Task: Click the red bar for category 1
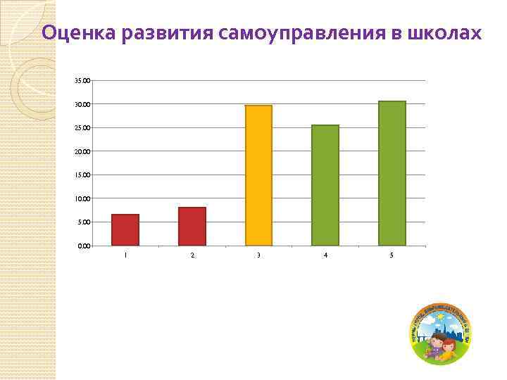125,230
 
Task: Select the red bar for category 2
192,227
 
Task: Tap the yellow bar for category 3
258,175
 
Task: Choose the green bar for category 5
392,173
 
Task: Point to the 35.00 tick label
82,81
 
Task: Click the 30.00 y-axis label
82,105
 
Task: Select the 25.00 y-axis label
82,128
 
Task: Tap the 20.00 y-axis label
82,152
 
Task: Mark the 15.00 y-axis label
82,175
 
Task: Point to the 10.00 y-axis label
82,199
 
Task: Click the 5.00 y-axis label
84,222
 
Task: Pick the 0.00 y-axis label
84,246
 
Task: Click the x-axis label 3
258,255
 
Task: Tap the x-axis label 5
392,255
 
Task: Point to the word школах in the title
446,33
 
